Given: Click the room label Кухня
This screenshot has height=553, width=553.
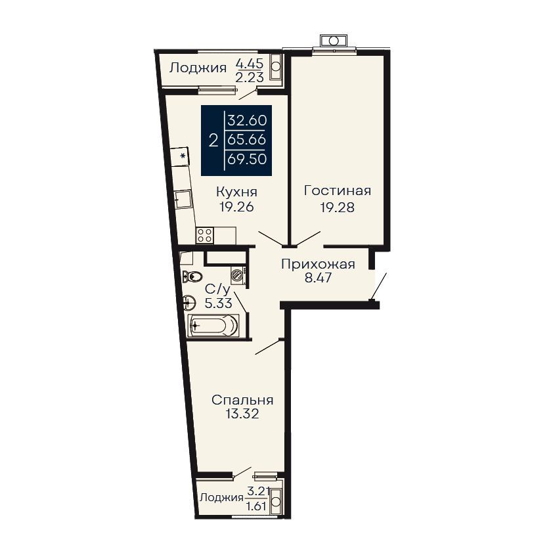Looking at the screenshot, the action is (236, 192).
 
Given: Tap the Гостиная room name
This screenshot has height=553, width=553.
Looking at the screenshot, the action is (338, 191).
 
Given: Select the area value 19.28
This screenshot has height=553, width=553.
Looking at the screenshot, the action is (337, 208).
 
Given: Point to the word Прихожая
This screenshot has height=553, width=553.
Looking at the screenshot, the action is (318, 264).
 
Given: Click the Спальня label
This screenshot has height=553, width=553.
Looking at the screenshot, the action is (242, 400).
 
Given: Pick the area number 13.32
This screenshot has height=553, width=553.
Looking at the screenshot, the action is (242, 413).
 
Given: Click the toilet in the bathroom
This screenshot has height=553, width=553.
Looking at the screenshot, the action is (192, 276).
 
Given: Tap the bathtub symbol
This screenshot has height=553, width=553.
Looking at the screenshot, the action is (213, 325).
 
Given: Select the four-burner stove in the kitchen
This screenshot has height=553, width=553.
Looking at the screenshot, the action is (204, 235).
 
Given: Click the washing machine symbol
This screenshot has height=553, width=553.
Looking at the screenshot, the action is (239, 275).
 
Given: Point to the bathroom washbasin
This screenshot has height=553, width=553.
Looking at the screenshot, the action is (190, 302).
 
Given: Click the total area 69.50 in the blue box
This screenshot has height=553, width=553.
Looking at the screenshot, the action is (247, 159).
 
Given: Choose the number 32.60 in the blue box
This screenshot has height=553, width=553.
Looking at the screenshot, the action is (247, 120).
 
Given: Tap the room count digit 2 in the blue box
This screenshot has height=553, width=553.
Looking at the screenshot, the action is (213, 141).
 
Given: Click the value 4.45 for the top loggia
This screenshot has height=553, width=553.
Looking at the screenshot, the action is (250, 64).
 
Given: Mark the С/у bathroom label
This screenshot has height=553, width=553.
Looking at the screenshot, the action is (217, 290).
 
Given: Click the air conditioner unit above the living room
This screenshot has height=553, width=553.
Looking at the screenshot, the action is (333, 41).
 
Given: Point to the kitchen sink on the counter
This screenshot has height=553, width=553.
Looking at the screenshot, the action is (183, 200).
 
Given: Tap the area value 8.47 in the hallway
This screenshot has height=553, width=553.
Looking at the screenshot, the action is (318, 278).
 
